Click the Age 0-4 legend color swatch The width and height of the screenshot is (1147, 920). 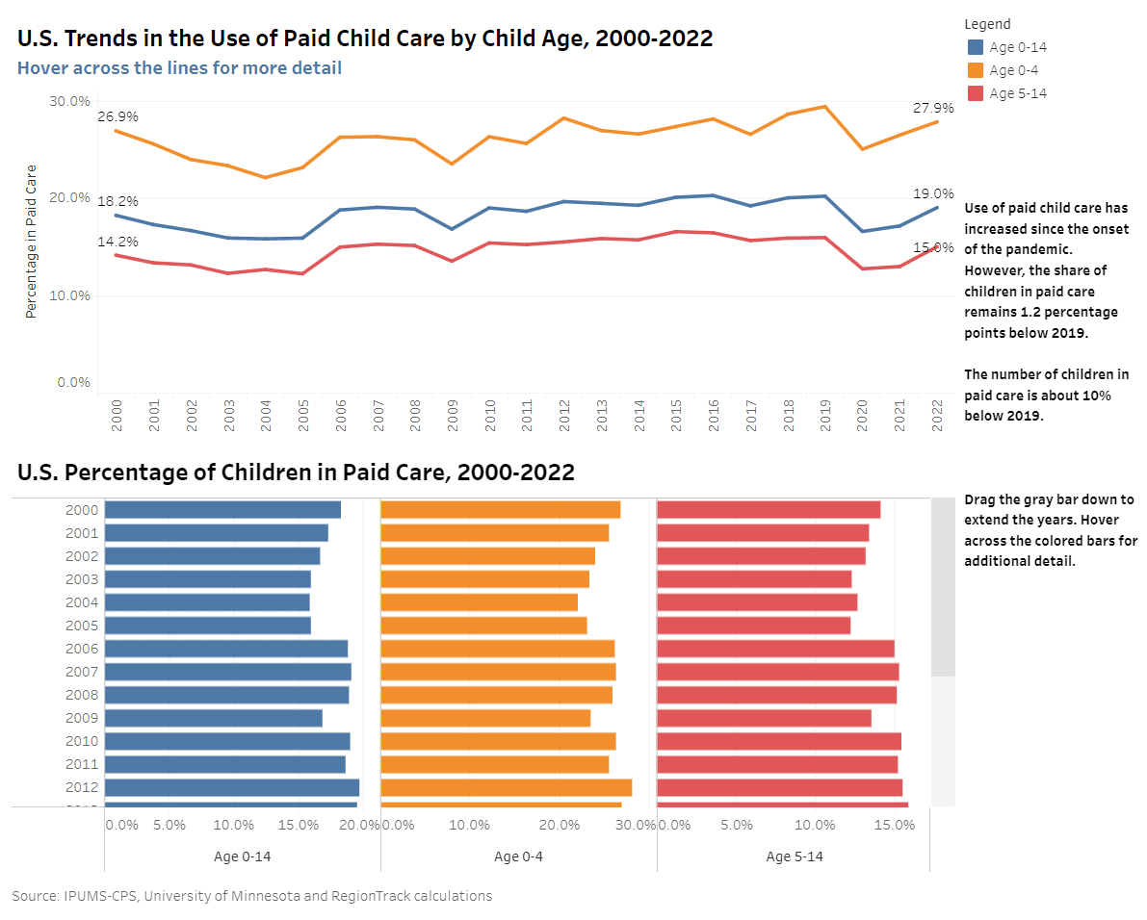pyautogui.click(x=976, y=70)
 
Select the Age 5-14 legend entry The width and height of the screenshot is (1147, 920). pyautogui.click(x=1017, y=93)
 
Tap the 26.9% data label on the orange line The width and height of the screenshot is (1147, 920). pyautogui.click(x=117, y=116)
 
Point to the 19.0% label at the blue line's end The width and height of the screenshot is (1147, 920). pyautogui.click(x=933, y=193)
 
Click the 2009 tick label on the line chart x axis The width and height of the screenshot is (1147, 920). pyautogui.click(x=452, y=414)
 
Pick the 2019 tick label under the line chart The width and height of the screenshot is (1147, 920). pyautogui.click(x=825, y=414)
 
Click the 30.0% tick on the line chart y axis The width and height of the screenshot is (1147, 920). pyautogui.click(x=69, y=101)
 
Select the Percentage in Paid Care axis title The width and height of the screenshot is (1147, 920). pyautogui.click(x=31, y=242)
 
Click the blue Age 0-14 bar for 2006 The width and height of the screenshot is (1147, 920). pyautogui.click(x=225, y=649)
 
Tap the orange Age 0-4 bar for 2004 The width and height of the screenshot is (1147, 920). pyautogui.click(x=479, y=602)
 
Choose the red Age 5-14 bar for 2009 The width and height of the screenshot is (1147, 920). pyautogui.click(x=764, y=718)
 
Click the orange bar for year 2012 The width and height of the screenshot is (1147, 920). pyautogui.click(x=506, y=787)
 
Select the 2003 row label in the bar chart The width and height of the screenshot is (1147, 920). pyautogui.click(x=82, y=579)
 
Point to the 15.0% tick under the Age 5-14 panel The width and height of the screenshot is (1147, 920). pyautogui.click(x=894, y=825)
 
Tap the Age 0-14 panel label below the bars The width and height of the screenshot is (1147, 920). pyautogui.click(x=242, y=856)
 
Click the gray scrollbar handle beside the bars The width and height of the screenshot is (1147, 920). pyautogui.click(x=943, y=587)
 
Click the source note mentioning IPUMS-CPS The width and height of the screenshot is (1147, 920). pyautogui.click(x=252, y=896)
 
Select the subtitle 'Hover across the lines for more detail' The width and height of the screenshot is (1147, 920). pyautogui.click(x=179, y=67)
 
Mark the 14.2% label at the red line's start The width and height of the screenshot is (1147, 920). pyautogui.click(x=117, y=242)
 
